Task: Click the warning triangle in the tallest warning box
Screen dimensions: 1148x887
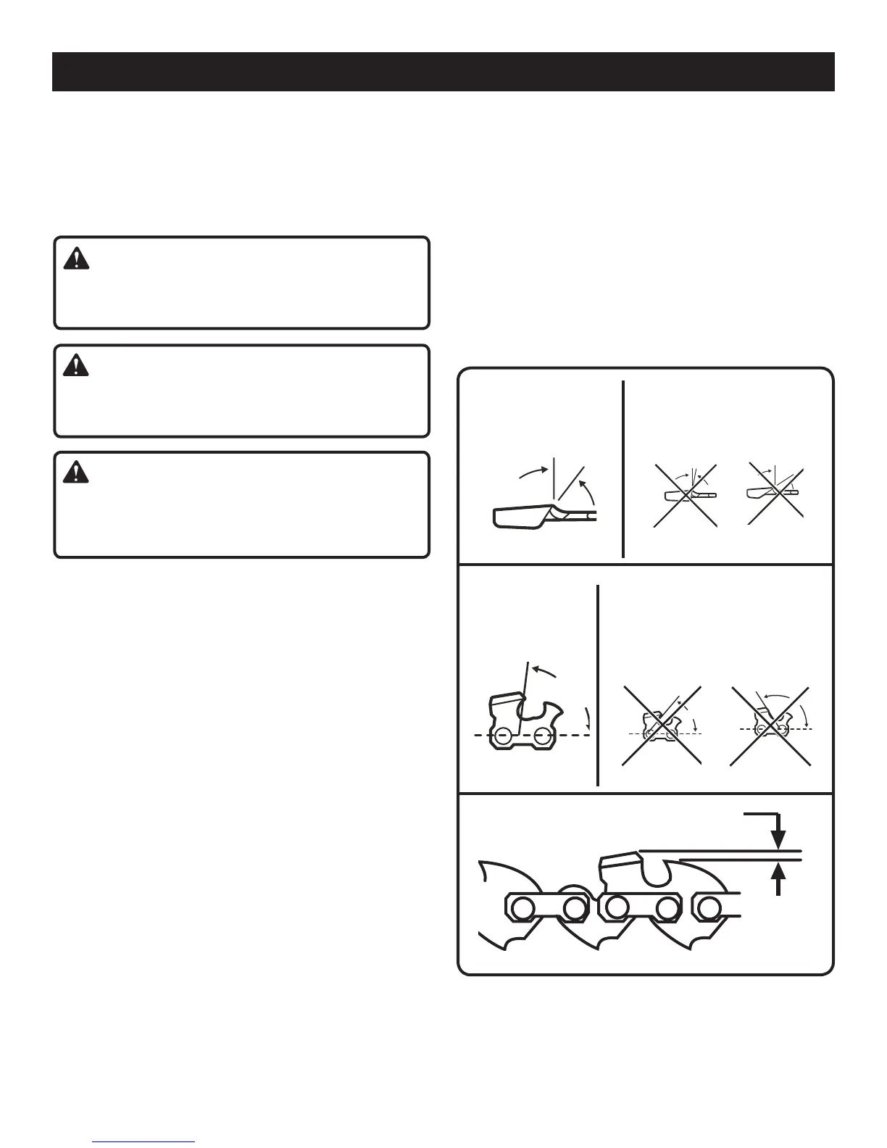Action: (76, 473)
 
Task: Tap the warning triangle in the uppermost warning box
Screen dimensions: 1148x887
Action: (76, 259)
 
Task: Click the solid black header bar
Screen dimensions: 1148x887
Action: (443, 71)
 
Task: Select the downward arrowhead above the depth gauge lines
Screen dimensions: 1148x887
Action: (778, 839)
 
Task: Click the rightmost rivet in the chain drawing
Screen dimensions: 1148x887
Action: (708, 907)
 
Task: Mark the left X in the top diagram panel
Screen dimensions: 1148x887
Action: (685, 496)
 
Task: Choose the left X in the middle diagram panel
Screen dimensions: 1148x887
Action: (662, 725)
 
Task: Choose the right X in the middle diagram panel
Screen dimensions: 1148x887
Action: (772, 725)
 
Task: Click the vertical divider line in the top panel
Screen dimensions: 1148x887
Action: (623, 469)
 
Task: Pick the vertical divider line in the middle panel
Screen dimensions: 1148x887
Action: (599, 685)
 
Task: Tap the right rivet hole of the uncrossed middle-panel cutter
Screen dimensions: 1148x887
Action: (541, 738)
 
